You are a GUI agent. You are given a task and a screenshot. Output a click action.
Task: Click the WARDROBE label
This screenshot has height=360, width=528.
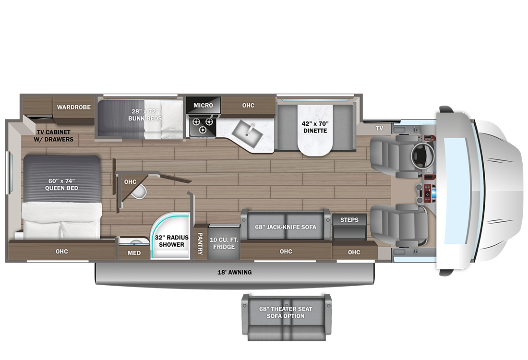[x=74, y=107]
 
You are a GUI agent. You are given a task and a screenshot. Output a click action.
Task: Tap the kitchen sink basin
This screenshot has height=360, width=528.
[x=247, y=133]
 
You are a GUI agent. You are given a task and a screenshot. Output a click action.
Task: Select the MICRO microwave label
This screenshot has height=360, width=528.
[x=203, y=106]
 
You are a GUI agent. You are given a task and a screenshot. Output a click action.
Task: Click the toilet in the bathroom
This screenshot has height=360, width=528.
[x=139, y=191]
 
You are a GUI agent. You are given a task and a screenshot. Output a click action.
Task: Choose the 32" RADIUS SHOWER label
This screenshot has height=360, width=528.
[x=171, y=241]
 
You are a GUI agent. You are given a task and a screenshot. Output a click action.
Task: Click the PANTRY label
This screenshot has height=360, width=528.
[x=200, y=243]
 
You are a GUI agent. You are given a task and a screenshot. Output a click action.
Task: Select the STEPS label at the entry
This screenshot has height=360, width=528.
[x=349, y=219]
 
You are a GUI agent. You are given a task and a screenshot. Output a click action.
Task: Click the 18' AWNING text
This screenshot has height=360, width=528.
[x=234, y=272]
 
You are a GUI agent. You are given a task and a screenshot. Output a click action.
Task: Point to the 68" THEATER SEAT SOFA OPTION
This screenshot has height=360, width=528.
[x=286, y=317]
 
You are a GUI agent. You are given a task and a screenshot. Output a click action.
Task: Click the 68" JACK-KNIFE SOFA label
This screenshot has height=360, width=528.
[x=286, y=227]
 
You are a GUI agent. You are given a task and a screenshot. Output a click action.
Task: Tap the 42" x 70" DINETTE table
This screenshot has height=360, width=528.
[x=315, y=130]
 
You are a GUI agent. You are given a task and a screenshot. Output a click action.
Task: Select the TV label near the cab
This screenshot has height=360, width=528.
[x=379, y=128]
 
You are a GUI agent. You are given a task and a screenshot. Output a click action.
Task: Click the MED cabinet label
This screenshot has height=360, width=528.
[x=134, y=253]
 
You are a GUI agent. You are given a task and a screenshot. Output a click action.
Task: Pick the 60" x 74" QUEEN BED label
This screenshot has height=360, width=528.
[x=61, y=184]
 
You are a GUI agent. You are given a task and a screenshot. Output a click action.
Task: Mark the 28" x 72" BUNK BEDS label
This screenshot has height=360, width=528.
[x=145, y=115]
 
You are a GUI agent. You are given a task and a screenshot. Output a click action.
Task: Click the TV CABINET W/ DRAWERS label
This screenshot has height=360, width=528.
[x=54, y=136]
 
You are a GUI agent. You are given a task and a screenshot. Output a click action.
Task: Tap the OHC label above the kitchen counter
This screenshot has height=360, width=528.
[x=248, y=106]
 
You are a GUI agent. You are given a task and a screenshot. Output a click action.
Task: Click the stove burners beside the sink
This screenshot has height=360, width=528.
[x=203, y=125]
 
